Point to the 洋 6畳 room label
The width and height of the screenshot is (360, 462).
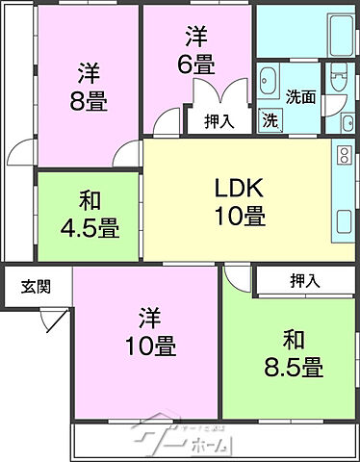pos(198,51)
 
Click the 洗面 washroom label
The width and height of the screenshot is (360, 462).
pos(300,96)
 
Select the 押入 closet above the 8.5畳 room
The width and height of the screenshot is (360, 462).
pos(307,280)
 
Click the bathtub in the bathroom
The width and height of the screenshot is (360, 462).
pos(305,32)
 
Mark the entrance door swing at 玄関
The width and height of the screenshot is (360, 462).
pos(54,319)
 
